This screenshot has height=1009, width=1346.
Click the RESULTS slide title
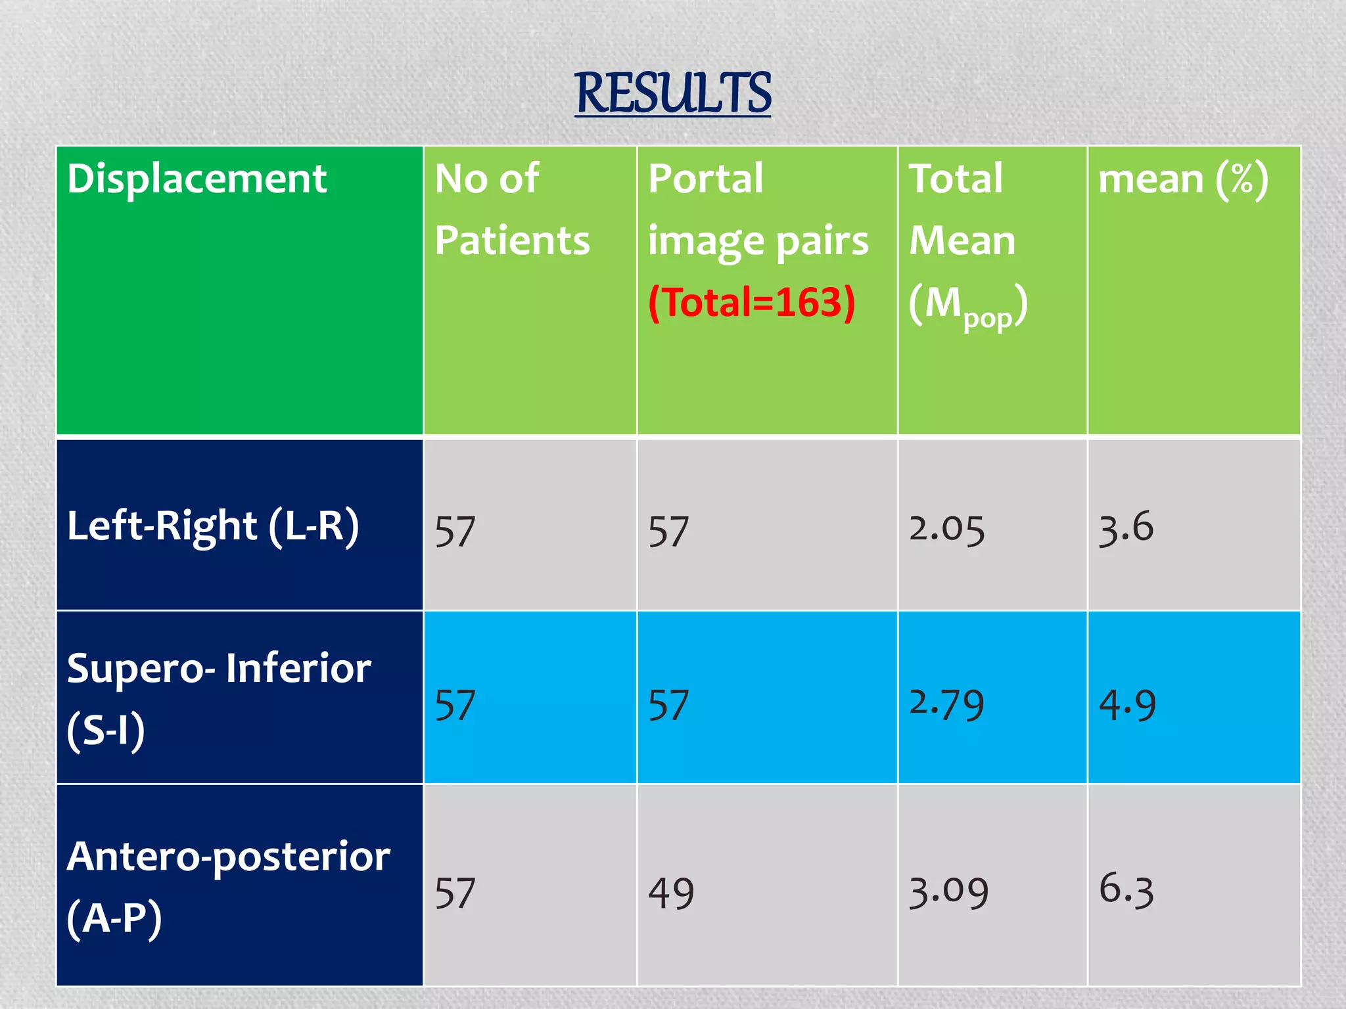pyautogui.click(x=672, y=93)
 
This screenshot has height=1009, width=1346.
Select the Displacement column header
pyautogui.click(x=197, y=179)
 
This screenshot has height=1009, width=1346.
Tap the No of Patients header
pyautogui.click(x=512, y=209)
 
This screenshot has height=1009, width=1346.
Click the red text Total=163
pyautogui.click(x=752, y=303)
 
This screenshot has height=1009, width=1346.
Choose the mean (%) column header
pyautogui.click(x=1183, y=179)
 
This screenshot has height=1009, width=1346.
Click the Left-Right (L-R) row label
pyautogui.click(x=213, y=527)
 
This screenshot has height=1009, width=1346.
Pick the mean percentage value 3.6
pyautogui.click(x=1126, y=528)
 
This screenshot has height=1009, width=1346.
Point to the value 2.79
pyautogui.click(x=946, y=704)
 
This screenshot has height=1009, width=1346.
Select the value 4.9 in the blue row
pyautogui.click(x=1127, y=706)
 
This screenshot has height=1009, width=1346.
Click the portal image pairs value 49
pyautogui.click(x=671, y=893)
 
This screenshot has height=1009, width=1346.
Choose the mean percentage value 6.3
pyautogui.click(x=1126, y=890)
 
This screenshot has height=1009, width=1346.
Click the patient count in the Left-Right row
pyautogui.click(x=455, y=531)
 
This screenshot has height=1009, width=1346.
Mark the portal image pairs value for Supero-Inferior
pyautogui.click(x=668, y=706)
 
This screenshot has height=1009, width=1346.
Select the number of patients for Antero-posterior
pyautogui.click(x=455, y=893)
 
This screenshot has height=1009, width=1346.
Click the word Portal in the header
pyautogui.click(x=706, y=179)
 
